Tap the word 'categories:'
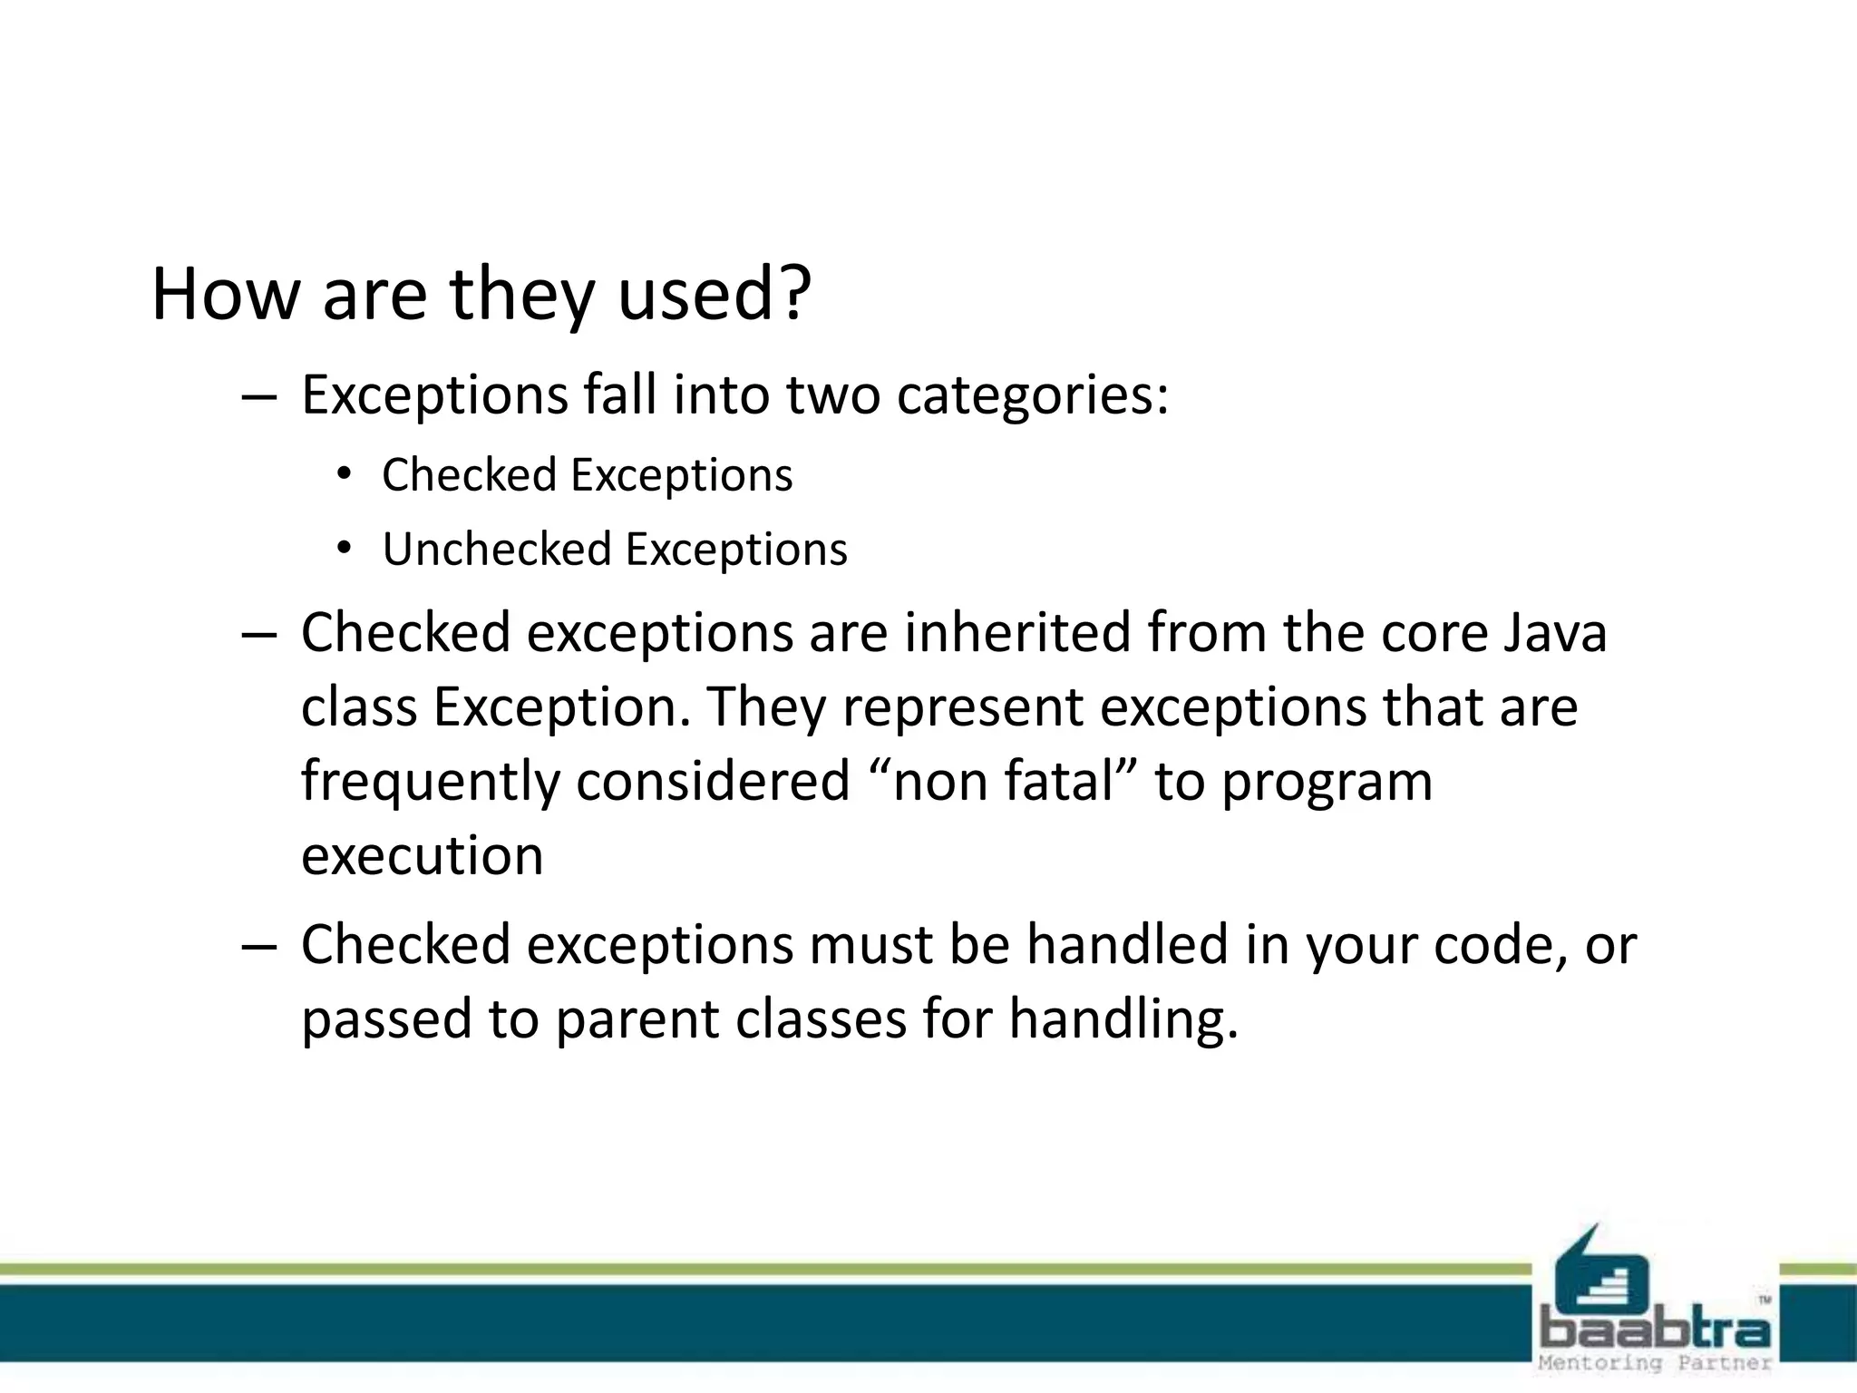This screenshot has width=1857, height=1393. click(x=1033, y=395)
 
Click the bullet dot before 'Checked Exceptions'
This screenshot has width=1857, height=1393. click(x=343, y=474)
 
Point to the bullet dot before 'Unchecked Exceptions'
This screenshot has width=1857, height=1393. click(x=343, y=549)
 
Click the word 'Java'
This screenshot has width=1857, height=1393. click(x=1554, y=632)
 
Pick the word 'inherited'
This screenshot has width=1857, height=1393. click(x=1016, y=632)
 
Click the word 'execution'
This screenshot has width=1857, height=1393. click(x=422, y=855)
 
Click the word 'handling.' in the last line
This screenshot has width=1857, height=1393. click(x=1123, y=1018)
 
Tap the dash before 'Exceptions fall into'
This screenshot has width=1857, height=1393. click(x=258, y=397)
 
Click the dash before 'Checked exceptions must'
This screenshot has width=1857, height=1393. click(x=258, y=946)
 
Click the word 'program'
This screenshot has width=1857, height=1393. click(x=1327, y=783)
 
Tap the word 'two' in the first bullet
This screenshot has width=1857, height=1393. click(x=832, y=395)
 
